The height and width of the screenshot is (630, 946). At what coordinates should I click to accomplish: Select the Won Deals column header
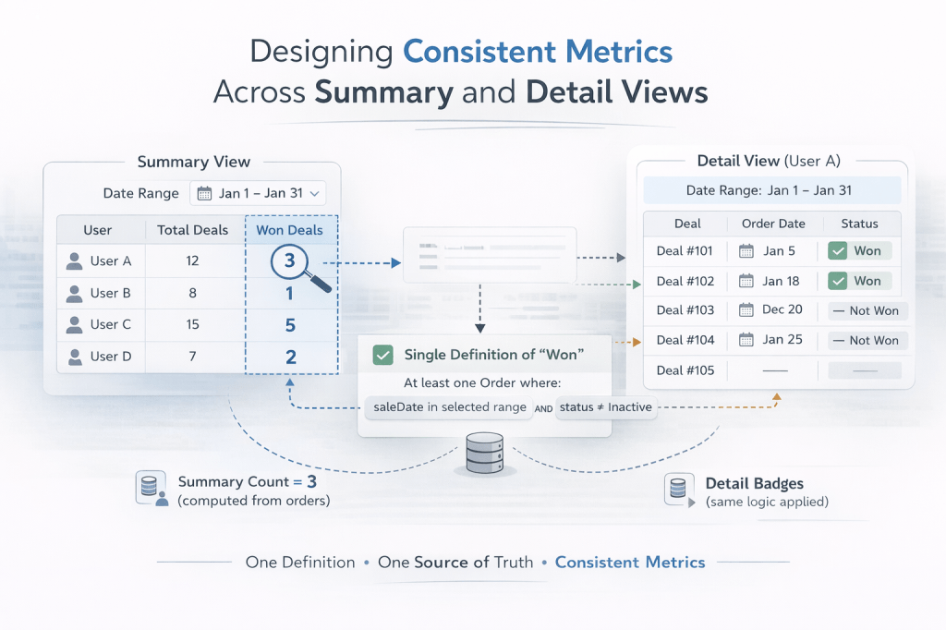click(290, 230)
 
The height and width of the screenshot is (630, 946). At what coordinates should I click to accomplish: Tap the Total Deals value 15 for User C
click(192, 324)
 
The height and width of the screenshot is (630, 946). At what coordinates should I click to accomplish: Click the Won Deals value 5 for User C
click(289, 325)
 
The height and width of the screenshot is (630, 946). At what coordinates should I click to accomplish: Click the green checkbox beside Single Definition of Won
click(382, 355)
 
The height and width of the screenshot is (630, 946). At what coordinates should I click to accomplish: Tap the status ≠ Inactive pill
click(605, 407)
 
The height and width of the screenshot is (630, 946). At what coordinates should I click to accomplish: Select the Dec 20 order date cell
click(772, 310)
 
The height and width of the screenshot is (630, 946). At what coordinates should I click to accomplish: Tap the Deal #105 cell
click(685, 370)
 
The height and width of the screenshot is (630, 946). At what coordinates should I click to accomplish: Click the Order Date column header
click(771, 223)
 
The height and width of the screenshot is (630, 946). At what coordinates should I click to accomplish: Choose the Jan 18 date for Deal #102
click(772, 281)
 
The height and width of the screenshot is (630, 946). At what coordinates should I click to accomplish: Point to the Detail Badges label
click(754, 483)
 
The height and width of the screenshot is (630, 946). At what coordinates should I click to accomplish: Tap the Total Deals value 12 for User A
click(192, 261)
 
